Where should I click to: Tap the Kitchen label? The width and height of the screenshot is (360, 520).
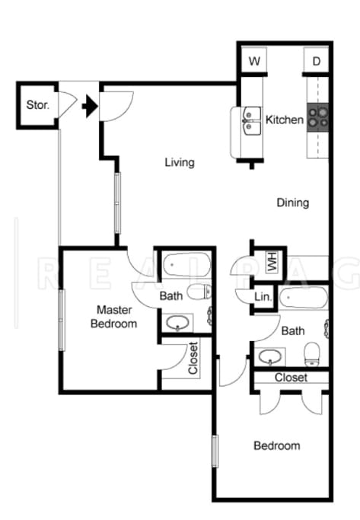[284, 120]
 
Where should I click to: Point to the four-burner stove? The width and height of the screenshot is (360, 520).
[317, 116]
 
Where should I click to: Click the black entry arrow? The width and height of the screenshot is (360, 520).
[90, 106]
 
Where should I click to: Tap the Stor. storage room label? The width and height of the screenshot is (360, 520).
[37, 106]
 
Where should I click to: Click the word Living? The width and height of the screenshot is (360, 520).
[180, 162]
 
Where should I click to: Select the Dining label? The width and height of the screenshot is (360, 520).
[292, 203]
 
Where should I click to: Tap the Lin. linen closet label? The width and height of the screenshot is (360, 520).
[263, 297]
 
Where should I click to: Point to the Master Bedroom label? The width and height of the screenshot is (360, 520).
[114, 317]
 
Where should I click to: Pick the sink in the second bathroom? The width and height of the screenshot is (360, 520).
[270, 355]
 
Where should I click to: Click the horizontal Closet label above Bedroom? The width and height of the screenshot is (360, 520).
[291, 377]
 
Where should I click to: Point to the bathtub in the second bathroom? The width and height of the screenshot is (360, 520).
[303, 298]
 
